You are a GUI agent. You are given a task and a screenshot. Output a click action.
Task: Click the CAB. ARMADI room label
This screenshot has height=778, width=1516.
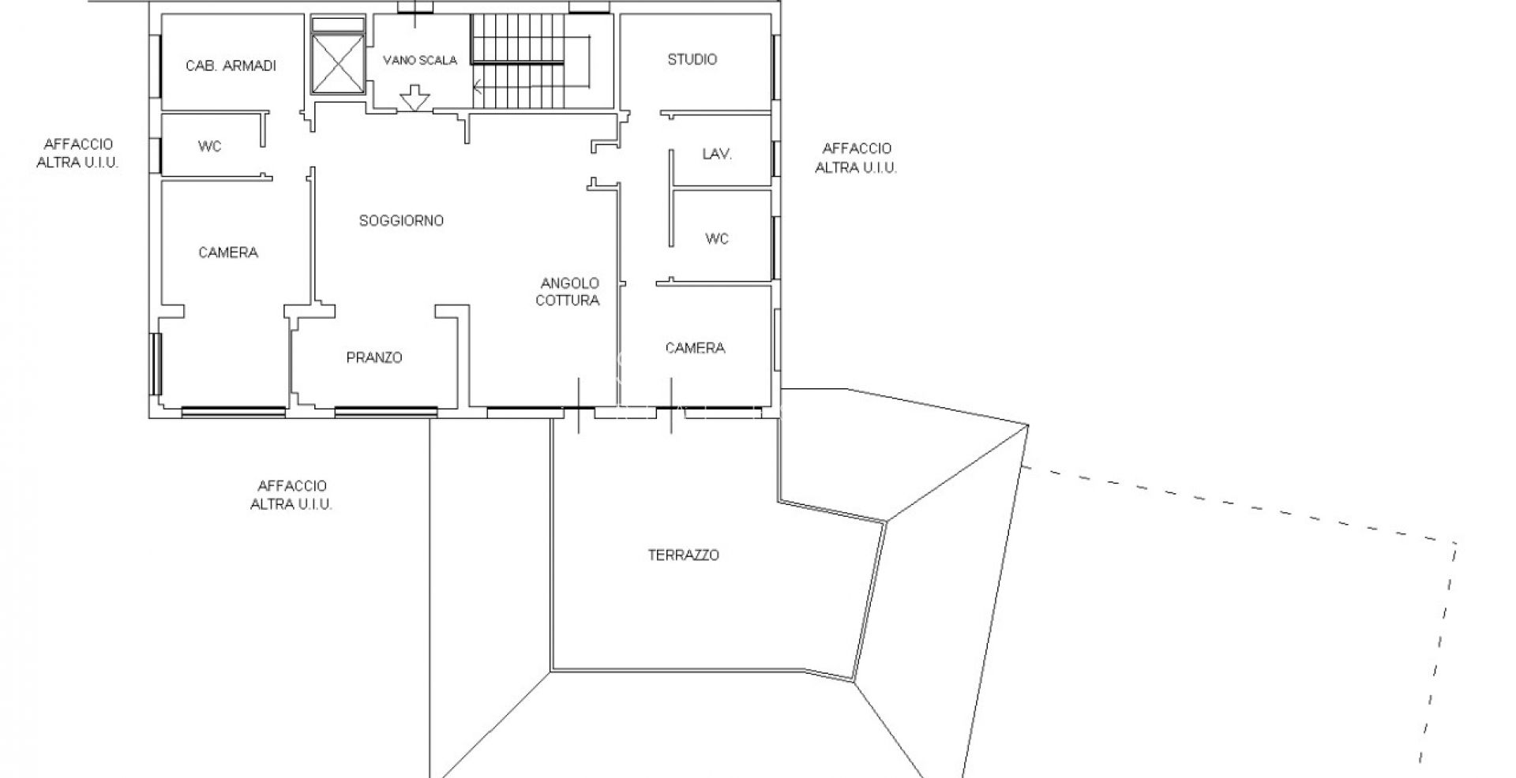[231, 65]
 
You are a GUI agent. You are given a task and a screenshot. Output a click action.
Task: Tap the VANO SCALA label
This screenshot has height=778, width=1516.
[420, 60]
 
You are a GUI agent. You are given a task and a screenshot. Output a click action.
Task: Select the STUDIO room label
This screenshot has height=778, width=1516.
[692, 59]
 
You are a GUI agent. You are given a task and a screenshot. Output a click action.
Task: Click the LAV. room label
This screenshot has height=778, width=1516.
[717, 154]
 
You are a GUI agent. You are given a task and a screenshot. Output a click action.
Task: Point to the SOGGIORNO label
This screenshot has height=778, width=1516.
[401, 221]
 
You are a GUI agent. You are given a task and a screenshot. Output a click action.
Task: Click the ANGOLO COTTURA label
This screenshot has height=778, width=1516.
[568, 291]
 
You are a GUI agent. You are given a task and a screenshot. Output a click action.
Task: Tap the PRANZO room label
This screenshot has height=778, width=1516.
[374, 357]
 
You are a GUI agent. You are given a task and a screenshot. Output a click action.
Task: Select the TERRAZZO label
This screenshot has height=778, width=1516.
[683, 555]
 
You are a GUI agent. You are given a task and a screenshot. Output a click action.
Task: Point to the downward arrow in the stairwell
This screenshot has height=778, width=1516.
[415, 99]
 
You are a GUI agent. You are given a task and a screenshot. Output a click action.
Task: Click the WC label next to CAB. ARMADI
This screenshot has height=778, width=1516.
[209, 146]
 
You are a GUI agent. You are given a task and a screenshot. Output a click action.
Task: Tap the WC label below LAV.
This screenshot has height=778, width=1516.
[717, 238]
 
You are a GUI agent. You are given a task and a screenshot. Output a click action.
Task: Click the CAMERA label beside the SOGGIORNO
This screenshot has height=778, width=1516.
[228, 252]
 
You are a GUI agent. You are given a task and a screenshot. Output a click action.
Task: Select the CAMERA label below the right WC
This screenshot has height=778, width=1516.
[695, 348]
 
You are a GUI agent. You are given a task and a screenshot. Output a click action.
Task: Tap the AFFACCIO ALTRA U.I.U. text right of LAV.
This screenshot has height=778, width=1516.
[856, 158]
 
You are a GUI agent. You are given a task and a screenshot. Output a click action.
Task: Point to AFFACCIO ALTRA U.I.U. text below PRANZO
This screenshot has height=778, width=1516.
[291, 495]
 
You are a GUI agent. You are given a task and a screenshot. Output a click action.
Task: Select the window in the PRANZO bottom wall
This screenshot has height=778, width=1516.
[386, 410]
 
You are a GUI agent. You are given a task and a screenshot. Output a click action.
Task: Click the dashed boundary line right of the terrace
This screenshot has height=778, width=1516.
[1240, 505]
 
